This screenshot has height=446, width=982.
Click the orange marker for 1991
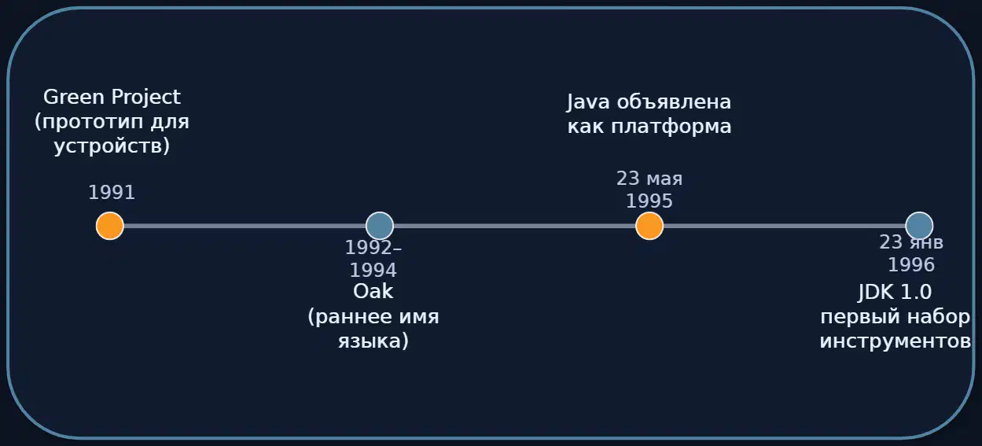(109, 226)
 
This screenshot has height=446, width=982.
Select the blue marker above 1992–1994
(380, 226)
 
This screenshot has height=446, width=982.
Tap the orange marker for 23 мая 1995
(649, 226)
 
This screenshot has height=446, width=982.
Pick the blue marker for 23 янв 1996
(919, 226)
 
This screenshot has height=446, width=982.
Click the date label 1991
(112, 193)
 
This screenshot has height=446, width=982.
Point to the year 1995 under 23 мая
(649, 201)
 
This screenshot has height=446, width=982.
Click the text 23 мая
(649, 179)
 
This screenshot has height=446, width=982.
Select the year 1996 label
(911, 264)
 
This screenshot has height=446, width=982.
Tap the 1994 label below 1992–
(373, 270)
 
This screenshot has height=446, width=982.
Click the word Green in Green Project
(74, 97)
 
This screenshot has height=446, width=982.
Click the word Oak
(373, 291)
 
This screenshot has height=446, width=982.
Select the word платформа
(671, 127)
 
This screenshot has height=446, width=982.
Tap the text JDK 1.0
(895, 292)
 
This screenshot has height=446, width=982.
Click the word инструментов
(896, 341)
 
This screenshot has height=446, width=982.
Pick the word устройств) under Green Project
(112, 146)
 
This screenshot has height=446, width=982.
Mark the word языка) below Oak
(373, 341)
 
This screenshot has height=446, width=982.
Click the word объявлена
(674, 102)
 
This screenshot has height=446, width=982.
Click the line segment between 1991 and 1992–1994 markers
(245, 226)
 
